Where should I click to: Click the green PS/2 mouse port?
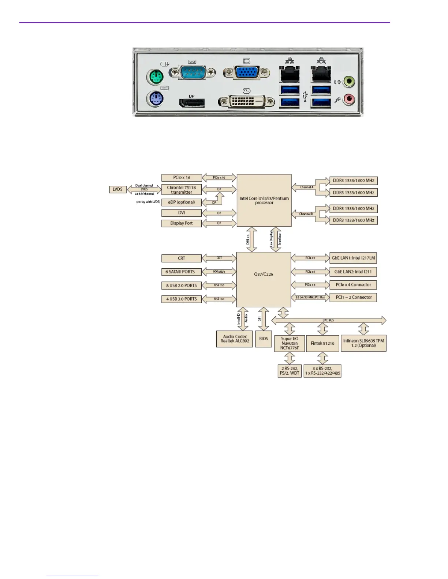click(156, 77)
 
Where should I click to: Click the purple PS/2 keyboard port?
click(156, 98)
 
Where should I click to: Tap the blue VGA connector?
click(247, 73)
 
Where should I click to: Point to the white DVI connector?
click(246, 101)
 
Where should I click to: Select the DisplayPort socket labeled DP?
click(192, 103)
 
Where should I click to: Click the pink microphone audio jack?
click(349, 99)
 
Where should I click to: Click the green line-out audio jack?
click(349, 81)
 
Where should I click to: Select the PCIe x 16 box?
click(182, 178)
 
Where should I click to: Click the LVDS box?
click(117, 189)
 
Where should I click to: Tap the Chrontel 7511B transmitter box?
click(182, 190)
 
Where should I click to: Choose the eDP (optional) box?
click(182, 202)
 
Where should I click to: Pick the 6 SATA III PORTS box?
click(182, 272)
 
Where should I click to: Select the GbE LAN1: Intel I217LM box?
click(353, 258)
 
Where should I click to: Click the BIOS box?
click(264, 339)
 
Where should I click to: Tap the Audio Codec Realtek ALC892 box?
click(235, 339)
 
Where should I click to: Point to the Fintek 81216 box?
click(322, 344)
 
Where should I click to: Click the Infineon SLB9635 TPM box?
click(363, 343)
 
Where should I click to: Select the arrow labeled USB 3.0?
click(219, 299)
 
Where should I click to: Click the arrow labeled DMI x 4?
click(251, 239)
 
